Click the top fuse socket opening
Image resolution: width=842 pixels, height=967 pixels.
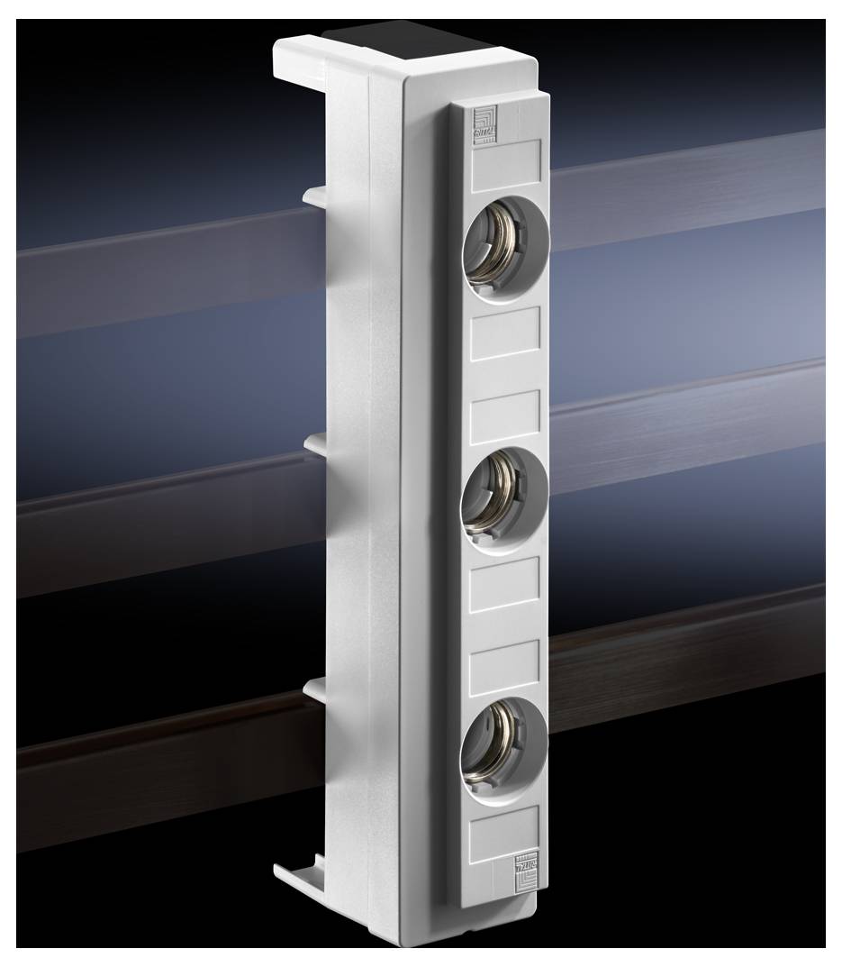pos(505,243)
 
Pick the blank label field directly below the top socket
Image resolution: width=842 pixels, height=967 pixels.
pos(505,333)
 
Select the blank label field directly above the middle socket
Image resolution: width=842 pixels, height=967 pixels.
pos(505,415)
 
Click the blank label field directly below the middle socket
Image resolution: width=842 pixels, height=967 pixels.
pos(504,584)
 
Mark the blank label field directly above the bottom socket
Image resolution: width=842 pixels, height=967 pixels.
pos(504,665)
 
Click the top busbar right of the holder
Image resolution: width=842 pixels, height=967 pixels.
pos(684,194)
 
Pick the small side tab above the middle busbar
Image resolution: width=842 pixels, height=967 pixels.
pos(318,442)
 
